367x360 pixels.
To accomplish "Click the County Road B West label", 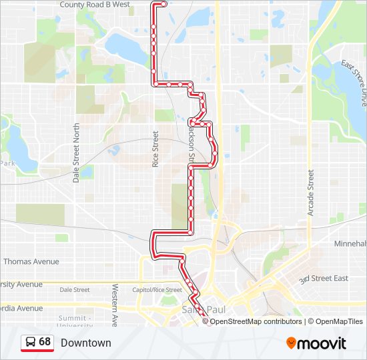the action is (103, 5).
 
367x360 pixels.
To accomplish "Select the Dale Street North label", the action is (76, 153).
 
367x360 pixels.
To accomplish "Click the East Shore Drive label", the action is (354, 83).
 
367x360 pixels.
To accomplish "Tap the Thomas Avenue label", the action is (31, 262).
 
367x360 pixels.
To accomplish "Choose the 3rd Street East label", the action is (324, 278).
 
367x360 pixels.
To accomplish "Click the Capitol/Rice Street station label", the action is (156, 290).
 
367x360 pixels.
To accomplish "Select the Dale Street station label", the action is (74, 290).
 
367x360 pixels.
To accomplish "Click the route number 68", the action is (45, 342).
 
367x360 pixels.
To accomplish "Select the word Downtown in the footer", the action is (85, 343).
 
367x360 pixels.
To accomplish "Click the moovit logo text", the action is (322, 343).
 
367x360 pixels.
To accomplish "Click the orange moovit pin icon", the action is (291, 343).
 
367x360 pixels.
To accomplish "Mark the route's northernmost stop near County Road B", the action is (164, 3).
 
